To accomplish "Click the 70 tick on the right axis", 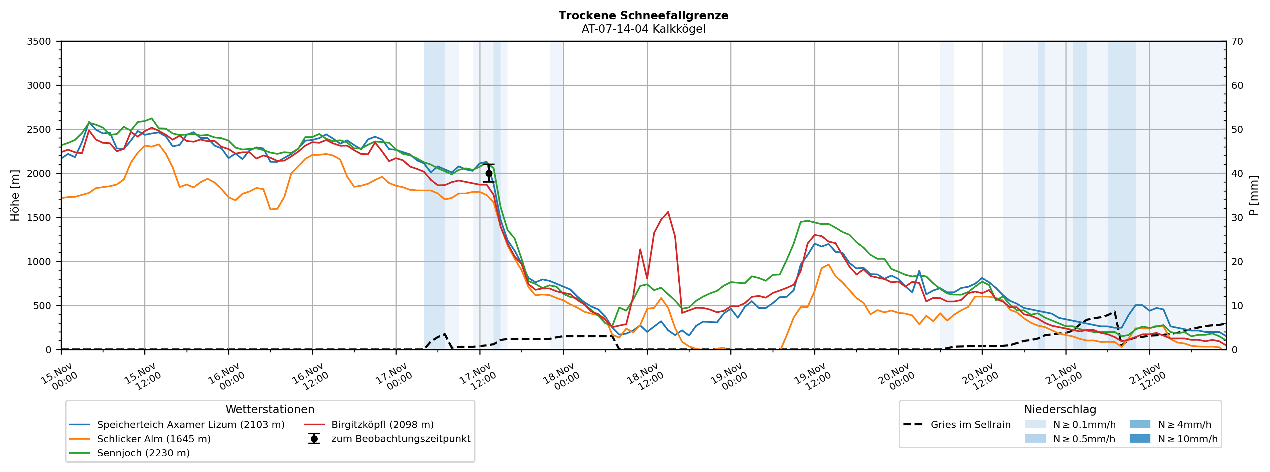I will pyautogui.click(x=1237, y=41).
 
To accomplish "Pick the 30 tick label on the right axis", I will pyautogui.click(x=1237, y=218).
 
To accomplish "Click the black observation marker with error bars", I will pyautogui.click(x=488, y=174).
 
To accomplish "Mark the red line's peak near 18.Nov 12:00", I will pyautogui.click(x=668, y=212).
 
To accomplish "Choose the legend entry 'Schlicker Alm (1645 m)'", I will pyautogui.click(x=153, y=439).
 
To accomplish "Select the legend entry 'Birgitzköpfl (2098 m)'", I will pyautogui.click(x=382, y=425).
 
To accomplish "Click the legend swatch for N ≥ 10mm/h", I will pyautogui.click(x=1140, y=439).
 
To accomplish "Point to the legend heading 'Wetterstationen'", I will pyautogui.click(x=270, y=410).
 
